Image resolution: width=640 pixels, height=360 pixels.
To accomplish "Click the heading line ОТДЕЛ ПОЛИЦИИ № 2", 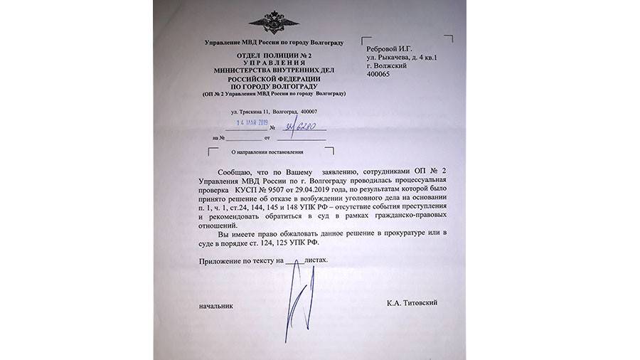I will click(274, 55).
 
